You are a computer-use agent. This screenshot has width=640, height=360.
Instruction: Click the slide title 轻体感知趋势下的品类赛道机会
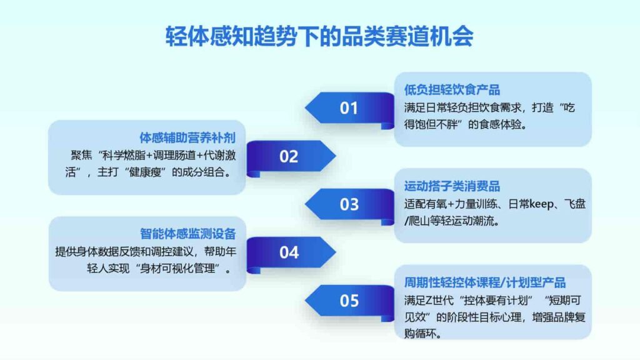tap(319, 36)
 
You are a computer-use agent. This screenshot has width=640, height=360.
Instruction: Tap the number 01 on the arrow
tap(349, 107)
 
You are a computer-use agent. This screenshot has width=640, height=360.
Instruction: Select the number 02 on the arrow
tap(289, 156)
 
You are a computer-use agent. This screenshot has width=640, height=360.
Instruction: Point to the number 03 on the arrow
tap(349, 204)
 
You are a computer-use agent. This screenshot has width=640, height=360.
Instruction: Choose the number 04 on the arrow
tap(289, 252)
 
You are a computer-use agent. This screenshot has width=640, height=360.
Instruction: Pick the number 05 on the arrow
tap(349, 301)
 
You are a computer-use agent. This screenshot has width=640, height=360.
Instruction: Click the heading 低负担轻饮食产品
tap(452, 90)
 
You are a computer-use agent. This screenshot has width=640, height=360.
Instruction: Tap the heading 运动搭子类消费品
tap(452, 186)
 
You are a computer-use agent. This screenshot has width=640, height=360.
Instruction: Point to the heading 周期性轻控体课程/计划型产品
tap(485, 282)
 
